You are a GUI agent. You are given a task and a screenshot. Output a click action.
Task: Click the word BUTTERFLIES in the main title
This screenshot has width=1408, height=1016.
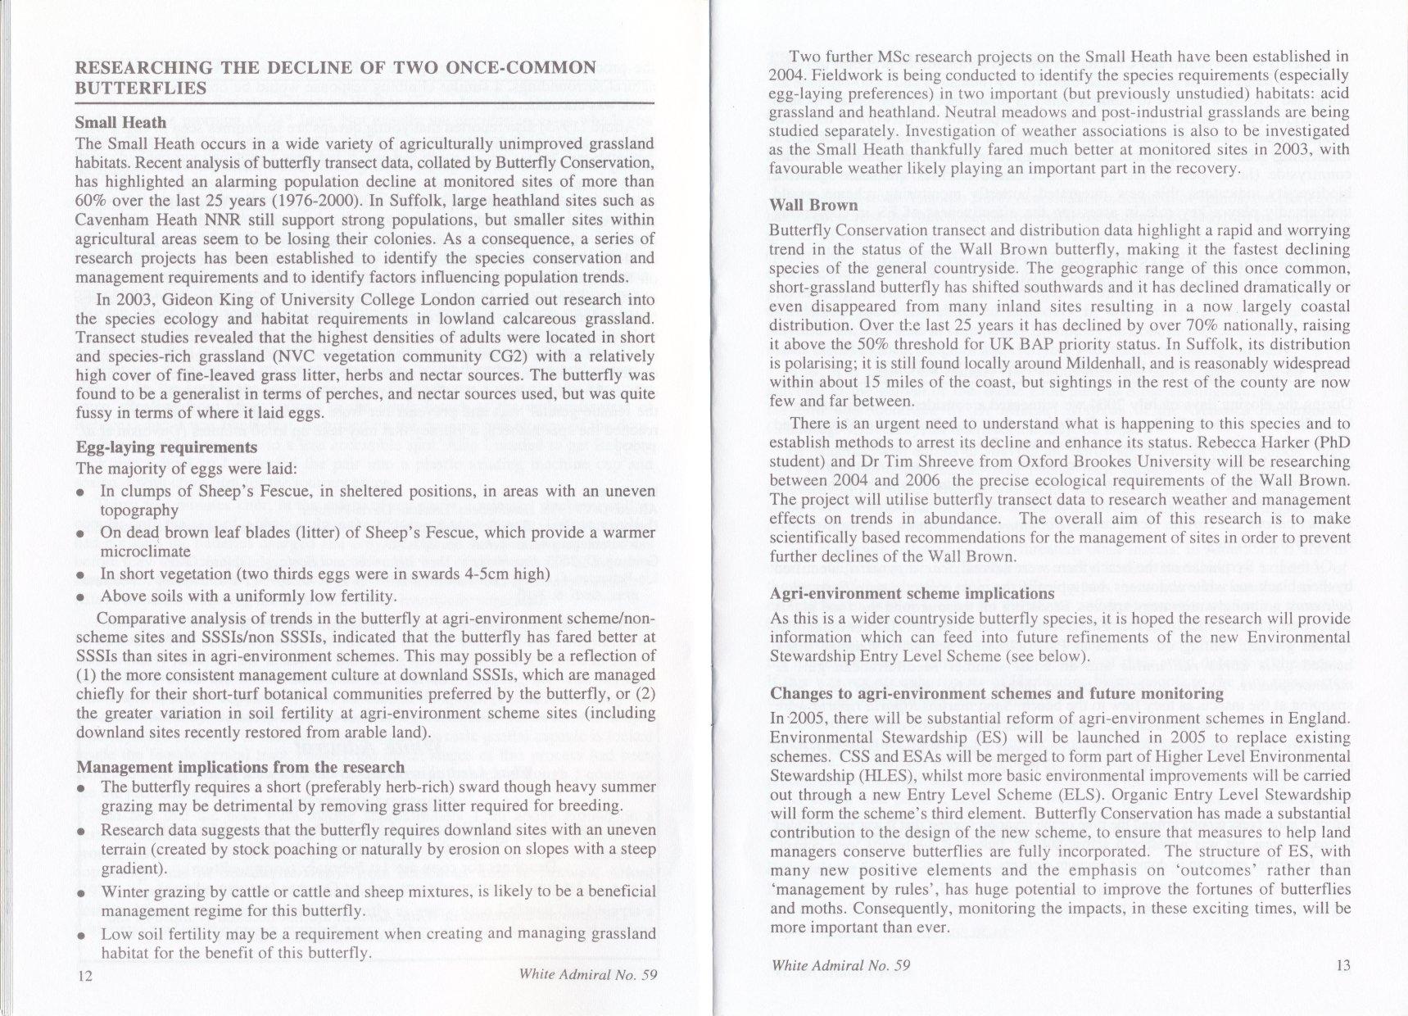point(140,88)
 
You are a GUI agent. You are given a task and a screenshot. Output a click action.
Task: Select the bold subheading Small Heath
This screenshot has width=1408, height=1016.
point(120,123)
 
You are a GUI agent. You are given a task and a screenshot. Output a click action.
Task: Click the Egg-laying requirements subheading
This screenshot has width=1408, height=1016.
point(166,448)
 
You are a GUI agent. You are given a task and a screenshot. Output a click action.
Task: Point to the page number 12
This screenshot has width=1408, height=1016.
point(84,975)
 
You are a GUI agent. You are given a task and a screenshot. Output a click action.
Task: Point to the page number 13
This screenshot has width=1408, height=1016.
point(1342,965)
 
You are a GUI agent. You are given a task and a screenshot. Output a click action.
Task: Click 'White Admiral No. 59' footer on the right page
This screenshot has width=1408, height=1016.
point(841,965)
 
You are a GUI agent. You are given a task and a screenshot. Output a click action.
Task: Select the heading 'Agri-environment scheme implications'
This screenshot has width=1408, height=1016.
point(912,594)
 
